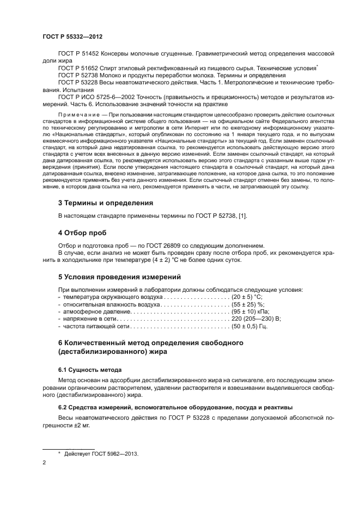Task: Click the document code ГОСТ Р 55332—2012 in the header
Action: [x=72, y=36]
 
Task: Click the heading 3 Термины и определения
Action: [x=105, y=203]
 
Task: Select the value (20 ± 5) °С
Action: [x=246, y=297]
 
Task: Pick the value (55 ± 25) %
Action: [x=247, y=305]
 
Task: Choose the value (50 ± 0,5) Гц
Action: [x=250, y=326]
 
